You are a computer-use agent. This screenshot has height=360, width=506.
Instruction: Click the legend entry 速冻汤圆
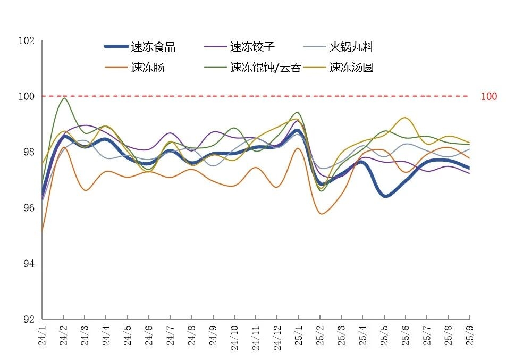(x=351, y=68)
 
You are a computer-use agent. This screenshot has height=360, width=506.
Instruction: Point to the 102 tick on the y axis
(x=26, y=41)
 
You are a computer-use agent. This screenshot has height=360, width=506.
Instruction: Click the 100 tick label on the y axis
(x=26, y=96)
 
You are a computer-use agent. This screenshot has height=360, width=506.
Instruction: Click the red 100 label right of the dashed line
(x=488, y=96)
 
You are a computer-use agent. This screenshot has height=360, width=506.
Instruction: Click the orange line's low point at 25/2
(x=321, y=214)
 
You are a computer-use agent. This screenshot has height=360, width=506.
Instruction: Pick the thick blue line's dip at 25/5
(x=385, y=196)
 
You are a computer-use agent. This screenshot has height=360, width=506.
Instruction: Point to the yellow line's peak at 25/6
(x=405, y=118)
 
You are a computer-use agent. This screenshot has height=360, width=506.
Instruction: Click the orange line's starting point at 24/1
(x=42, y=231)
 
